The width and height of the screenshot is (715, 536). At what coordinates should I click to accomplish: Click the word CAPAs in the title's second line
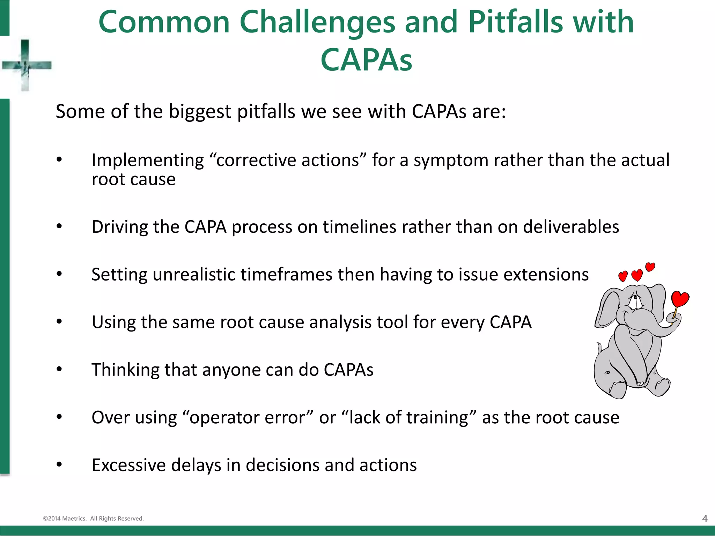tap(366, 60)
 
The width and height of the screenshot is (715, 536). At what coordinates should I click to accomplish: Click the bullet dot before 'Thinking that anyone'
tap(59, 369)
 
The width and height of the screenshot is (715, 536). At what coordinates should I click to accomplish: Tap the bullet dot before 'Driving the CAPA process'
tap(59, 226)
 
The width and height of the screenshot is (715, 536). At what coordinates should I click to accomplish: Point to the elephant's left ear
tap(607, 309)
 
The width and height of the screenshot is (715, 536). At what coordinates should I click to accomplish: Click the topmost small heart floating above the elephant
tap(650, 267)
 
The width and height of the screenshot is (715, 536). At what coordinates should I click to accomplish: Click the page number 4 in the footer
tap(705, 519)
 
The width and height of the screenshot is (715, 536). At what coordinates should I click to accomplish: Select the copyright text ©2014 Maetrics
tap(65, 519)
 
